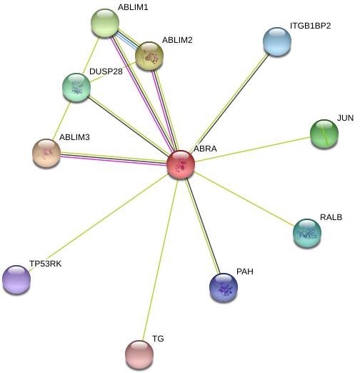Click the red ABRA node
(181, 164)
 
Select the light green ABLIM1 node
(105, 23)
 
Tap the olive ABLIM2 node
(149, 56)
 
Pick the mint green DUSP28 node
(76, 87)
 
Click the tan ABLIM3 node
(46, 153)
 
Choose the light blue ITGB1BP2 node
(277, 41)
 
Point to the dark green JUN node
(324, 134)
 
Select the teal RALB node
(307, 233)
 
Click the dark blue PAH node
(224, 287)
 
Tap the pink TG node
(139, 354)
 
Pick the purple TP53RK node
(16, 279)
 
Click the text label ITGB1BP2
(311, 26)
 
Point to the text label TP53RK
(46, 264)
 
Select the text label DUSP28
(106, 71)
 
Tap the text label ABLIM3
(74, 137)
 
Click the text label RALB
(331, 217)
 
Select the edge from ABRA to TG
(160, 259)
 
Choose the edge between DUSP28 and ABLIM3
(61, 120)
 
